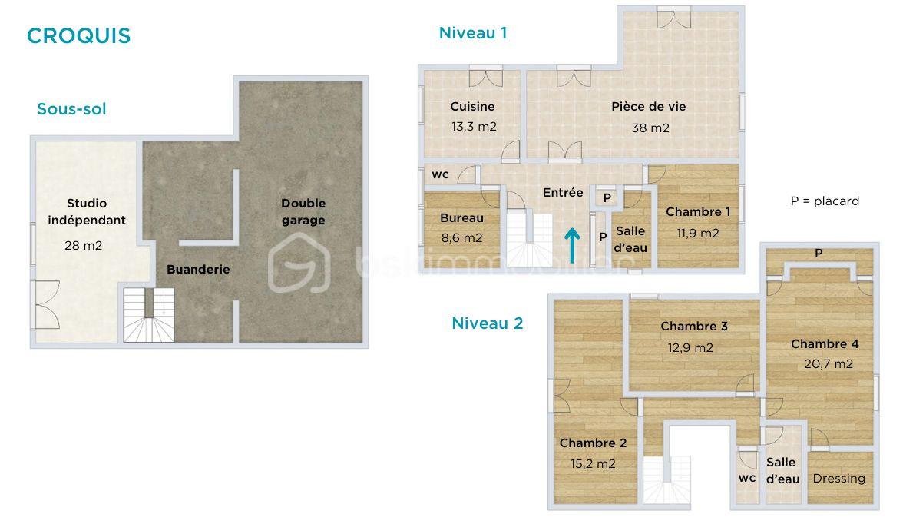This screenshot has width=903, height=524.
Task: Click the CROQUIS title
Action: pyautogui.click(x=78, y=36)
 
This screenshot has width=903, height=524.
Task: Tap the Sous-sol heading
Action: pyautogui.click(x=71, y=109)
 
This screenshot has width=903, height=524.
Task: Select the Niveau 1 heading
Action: pyautogui.click(x=472, y=33)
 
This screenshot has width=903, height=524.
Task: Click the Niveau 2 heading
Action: pyautogui.click(x=487, y=323)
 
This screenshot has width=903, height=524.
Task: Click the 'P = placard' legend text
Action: pyautogui.click(x=825, y=201)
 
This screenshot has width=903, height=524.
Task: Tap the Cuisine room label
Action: pyautogui.click(x=472, y=107)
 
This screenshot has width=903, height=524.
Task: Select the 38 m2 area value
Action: pyautogui.click(x=650, y=128)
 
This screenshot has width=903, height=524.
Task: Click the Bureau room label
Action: pyautogui.click(x=461, y=218)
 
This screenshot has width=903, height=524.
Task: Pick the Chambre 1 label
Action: pyautogui.click(x=697, y=212)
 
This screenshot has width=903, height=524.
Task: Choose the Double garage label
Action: pyautogui.click(x=303, y=212)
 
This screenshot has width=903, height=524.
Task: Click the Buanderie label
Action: pyautogui.click(x=198, y=270)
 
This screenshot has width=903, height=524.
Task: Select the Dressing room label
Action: pyautogui.click(x=838, y=478)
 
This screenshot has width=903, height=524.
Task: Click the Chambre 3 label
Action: pyautogui.click(x=693, y=327)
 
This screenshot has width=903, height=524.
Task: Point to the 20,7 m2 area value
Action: pyautogui.click(x=828, y=364)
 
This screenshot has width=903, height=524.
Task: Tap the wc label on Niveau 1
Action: pyautogui.click(x=440, y=174)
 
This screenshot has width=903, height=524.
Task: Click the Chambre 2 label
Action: pyautogui.click(x=593, y=443)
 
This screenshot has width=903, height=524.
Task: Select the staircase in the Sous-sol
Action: pyautogui.click(x=150, y=315)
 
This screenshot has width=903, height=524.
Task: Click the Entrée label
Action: pyautogui.click(x=563, y=193)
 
